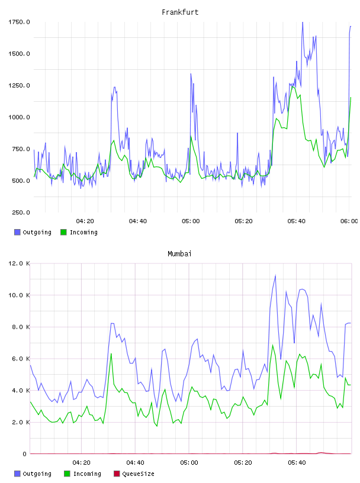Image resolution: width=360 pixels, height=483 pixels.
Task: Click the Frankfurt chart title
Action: (x=180, y=12)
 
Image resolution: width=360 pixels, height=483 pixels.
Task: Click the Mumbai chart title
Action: (x=179, y=254)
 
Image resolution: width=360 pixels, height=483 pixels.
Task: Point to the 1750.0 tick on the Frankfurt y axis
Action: (x=19, y=22)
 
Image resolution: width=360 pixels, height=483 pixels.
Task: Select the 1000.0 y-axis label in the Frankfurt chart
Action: (x=19, y=117)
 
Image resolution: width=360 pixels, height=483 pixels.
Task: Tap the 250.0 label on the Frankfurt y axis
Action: (x=21, y=212)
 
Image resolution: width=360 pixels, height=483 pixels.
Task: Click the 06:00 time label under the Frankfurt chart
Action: (x=349, y=221)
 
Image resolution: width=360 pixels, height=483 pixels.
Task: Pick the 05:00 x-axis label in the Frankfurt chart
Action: (x=191, y=221)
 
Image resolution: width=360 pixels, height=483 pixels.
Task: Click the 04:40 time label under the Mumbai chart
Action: (x=136, y=462)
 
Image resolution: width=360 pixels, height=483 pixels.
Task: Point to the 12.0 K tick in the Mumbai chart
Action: (x=19, y=263)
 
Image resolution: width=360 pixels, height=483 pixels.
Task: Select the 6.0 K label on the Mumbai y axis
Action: (x=21, y=359)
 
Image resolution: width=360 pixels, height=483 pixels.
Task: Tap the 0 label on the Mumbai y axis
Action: (x=25, y=454)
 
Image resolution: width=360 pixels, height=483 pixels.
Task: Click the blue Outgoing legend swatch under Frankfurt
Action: (x=17, y=232)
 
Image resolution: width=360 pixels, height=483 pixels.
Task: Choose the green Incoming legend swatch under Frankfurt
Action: (x=63, y=232)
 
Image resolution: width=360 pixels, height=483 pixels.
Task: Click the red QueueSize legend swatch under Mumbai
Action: (x=117, y=474)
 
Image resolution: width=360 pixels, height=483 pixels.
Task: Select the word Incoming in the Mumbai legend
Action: (x=87, y=474)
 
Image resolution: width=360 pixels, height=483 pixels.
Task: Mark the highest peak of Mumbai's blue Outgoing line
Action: (x=275, y=275)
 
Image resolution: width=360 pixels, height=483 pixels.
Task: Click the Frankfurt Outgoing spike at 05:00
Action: (x=191, y=74)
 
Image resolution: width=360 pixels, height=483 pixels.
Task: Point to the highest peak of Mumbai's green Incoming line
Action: (x=272, y=345)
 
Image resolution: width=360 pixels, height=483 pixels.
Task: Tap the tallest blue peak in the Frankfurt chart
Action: (x=303, y=22)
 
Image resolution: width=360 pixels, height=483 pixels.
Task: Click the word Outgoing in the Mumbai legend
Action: (x=37, y=474)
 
